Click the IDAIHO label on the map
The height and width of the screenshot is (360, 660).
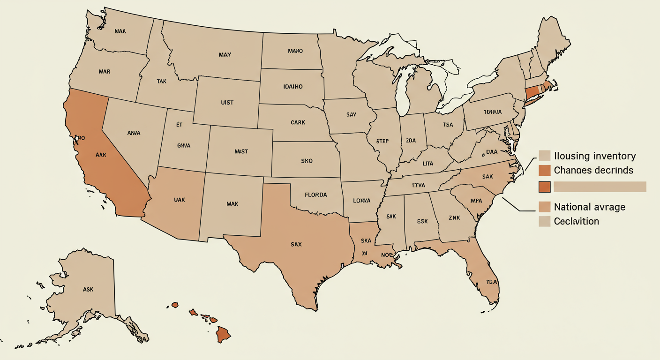293,87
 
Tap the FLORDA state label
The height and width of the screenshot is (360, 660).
315,195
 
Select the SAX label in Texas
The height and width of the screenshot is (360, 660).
296,244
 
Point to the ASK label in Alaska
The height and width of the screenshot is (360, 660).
88,289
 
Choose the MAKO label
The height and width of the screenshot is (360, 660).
295,51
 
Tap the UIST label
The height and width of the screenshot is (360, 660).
227,102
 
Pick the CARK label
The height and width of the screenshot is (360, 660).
298,122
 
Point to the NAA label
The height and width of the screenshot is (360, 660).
120,32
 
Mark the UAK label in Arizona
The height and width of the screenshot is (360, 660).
179,200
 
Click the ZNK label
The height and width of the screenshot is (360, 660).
454,218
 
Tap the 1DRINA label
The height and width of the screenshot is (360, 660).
490,112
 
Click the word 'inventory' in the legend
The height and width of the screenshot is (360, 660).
609,156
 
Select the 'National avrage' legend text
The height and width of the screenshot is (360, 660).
589,207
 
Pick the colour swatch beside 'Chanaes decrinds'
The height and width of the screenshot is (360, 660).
544,170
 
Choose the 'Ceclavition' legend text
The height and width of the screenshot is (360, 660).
576,221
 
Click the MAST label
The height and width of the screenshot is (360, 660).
241,151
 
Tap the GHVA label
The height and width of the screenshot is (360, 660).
184,145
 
